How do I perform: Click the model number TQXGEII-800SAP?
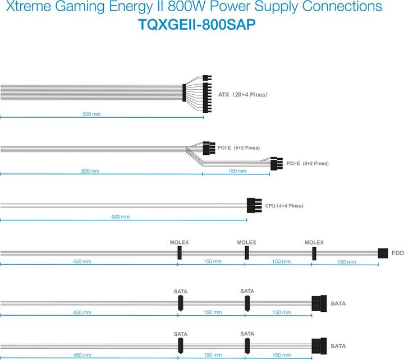tap(197, 25)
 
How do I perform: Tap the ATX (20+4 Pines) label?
tap(243, 95)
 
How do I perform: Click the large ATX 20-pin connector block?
tap(207, 98)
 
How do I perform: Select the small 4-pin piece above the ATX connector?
tap(207, 78)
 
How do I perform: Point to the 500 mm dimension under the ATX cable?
tap(91, 114)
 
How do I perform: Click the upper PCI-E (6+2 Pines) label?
tap(238, 148)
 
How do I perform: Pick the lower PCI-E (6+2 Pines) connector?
tap(277, 164)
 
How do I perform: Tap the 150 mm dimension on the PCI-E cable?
tap(237, 170)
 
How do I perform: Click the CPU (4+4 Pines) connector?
tap(254, 205)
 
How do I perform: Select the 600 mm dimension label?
tap(120, 217)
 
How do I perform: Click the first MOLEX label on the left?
tap(180, 242)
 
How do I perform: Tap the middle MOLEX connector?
tap(247, 253)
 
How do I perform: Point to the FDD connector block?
tap(383, 253)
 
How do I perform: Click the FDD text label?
tap(398, 253)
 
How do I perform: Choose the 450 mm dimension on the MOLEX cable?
tap(82, 261)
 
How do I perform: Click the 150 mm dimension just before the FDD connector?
tap(347, 262)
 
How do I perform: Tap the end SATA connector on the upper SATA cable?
tap(319, 303)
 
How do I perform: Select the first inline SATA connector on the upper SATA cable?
tap(180, 303)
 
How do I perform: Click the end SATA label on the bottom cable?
tap(338, 346)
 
